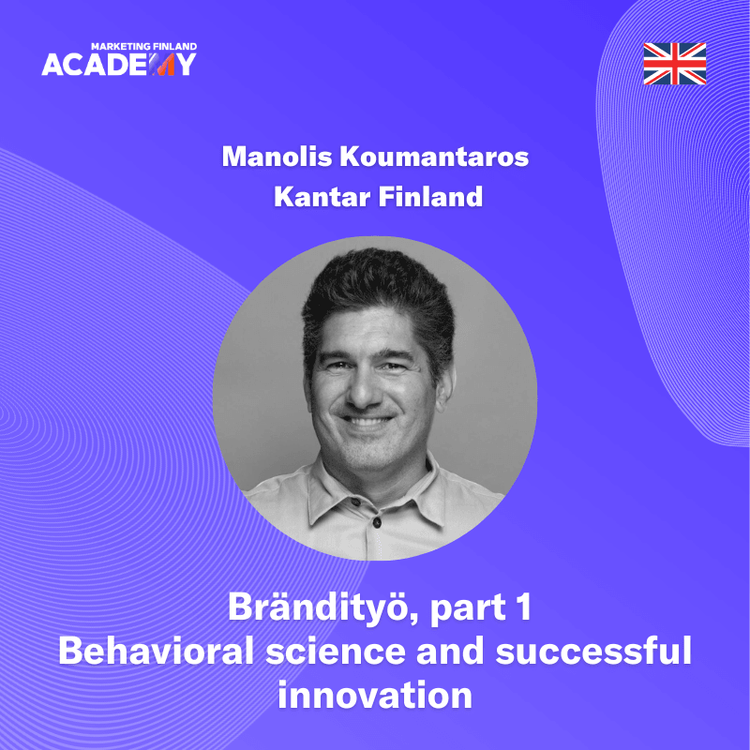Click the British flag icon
675,63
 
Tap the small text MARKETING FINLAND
143,45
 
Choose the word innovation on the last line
375,695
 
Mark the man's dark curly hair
375,291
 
